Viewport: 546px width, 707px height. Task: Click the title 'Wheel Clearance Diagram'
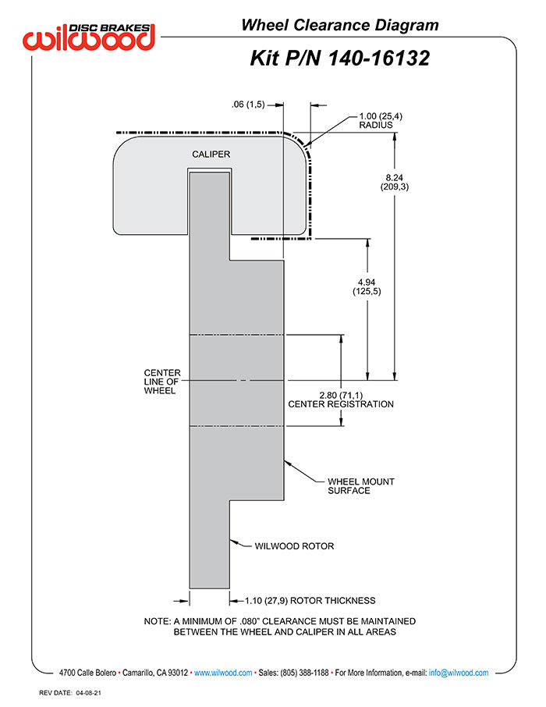pos(340,25)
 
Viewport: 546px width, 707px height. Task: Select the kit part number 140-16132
pos(378,59)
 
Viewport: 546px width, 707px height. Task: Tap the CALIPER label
pos(211,155)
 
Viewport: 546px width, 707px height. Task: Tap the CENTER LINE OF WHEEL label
pos(162,382)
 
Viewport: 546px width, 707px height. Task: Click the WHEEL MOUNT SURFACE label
pos(360,486)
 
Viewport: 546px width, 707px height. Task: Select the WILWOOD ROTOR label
pos(294,546)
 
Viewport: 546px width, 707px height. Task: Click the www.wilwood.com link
pos(223,673)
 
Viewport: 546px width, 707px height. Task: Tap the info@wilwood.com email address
pos(459,673)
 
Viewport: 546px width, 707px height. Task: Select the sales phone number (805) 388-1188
pos(304,673)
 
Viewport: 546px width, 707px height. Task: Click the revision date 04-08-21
pos(88,693)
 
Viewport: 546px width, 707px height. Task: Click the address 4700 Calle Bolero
pos(87,673)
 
